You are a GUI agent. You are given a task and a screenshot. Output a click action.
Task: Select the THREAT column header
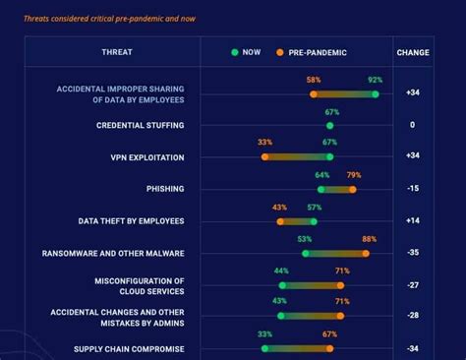pyautogui.click(x=117, y=52)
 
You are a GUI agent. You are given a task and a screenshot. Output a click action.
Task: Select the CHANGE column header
pyautogui.click(x=412, y=52)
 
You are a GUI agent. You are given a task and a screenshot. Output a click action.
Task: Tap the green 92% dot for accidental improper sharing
pyautogui.click(x=375, y=94)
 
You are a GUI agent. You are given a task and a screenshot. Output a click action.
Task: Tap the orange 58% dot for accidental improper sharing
pyautogui.click(x=314, y=94)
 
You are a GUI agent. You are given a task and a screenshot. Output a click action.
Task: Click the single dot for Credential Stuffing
pyautogui.click(x=329, y=126)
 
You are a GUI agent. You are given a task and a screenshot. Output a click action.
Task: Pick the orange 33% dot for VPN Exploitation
pyautogui.click(x=264, y=156)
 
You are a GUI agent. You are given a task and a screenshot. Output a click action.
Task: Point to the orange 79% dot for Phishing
pyautogui.click(x=352, y=189)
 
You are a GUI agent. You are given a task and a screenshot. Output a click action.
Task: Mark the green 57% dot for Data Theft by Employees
pyautogui.click(x=314, y=221)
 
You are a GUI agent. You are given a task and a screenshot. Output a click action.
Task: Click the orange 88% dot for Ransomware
pyautogui.click(x=366, y=253)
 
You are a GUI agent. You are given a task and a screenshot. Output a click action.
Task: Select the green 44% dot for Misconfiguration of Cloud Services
pyautogui.click(x=282, y=285)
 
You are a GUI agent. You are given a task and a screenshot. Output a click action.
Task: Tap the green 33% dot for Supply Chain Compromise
pyautogui.click(x=264, y=348)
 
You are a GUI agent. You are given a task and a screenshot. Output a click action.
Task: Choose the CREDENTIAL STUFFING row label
pyautogui.click(x=140, y=125)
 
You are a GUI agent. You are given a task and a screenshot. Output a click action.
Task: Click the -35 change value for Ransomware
pyautogui.click(x=412, y=253)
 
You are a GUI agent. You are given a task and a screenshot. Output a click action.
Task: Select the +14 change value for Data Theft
pyautogui.click(x=412, y=221)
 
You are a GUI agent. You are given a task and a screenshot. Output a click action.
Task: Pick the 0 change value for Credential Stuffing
pyautogui.click(x=412, y=125)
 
